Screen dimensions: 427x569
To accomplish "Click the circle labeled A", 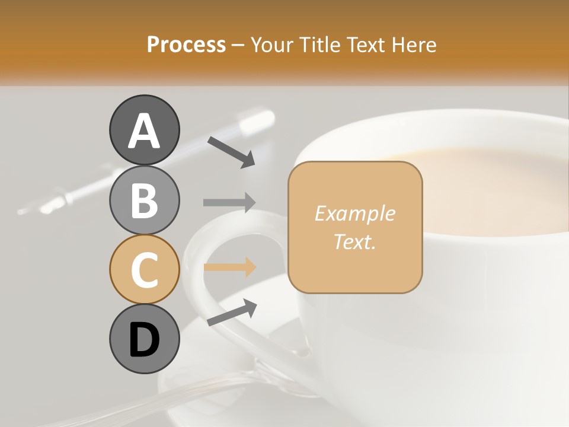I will [x=144, y=130].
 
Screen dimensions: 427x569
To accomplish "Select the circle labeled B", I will [x=144, y=200].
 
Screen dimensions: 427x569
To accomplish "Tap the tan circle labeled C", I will [x=144, y=269].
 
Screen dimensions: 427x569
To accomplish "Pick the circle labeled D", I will [x=144, y=339].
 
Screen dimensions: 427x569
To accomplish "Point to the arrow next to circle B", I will [x=229, y=202].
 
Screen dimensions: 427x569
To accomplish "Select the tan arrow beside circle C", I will [x=229, y=267].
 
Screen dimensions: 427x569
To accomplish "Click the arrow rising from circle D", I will [x=232, y=313].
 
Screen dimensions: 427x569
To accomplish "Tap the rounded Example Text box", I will [x=355, y=227].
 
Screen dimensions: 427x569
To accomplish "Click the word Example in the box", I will [x=354, y=213].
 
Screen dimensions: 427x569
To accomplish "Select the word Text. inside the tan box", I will [x=354, y=241].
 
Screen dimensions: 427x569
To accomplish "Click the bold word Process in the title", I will [x=186, y=44].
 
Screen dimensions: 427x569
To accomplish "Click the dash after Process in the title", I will [x=238, y=45].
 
